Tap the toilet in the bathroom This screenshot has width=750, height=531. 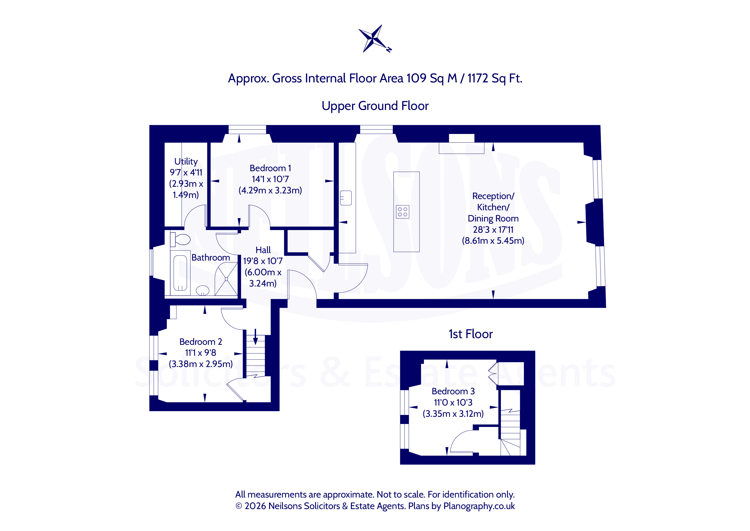(180, 239)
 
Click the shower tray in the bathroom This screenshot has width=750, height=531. (226, 279)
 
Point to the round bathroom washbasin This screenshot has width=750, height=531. (203, 290)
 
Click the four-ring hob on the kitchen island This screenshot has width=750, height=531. (403, 212)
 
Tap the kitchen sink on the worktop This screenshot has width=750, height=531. (346, 198)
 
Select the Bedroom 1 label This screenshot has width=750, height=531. (270, 168)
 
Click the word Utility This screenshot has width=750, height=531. (186, 162)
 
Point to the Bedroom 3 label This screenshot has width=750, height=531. (453, 391)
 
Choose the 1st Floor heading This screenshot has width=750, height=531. (470, 334)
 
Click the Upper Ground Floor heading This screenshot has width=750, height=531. (375, 106)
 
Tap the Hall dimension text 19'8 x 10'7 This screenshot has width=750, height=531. (263, 261)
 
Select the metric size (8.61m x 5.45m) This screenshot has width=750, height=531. (493, 241)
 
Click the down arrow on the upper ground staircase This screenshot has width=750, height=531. (256, 337)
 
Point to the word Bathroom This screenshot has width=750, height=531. (211, 258)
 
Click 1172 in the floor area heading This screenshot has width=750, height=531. (478, 78)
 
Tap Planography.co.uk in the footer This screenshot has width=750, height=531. (479, 506)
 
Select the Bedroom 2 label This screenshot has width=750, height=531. (200, 342)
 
